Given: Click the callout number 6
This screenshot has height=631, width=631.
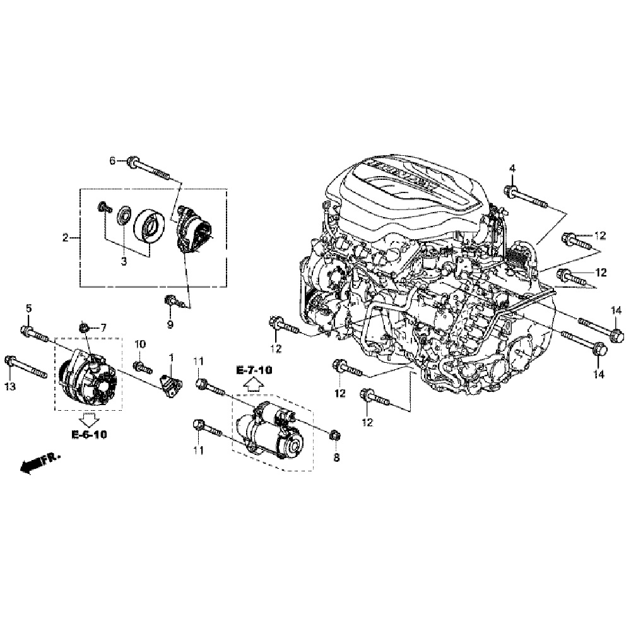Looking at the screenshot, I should tap(113, 161).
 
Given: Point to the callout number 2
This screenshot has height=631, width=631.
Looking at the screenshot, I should tap(65, 238).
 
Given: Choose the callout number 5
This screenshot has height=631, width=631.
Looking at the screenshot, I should tap(28, 308).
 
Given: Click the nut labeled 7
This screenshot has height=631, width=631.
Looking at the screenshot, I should tap(83, 327).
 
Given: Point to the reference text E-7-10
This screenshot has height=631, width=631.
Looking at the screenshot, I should tap(254, 370).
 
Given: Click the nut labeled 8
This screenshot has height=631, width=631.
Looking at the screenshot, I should tap(335, 434).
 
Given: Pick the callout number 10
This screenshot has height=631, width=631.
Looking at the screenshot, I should tap(140, 344).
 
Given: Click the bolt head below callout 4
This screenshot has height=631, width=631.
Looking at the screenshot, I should tap(510, 191).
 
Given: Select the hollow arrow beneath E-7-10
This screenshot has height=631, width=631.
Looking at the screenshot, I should tap(254, 384).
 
